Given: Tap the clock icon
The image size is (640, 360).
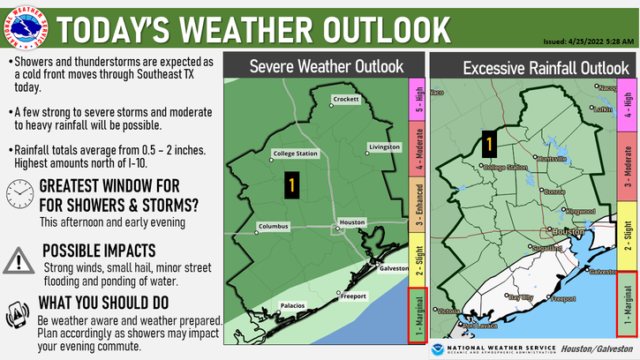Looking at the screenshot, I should pyautogui.click(x=18, y=194).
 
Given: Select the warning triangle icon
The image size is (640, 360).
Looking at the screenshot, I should pyautogui.click(x=18, y=260).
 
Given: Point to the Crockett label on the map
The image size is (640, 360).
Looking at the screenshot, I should pyautogui.click(x=345, y=100).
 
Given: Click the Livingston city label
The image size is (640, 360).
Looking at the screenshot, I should pyautogui.click(x=384, y=146).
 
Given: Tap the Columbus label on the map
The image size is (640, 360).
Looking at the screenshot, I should pyautogui.click(x=272, y=226).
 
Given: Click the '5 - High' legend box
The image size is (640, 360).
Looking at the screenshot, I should pyautogui.click(x=418, y=101).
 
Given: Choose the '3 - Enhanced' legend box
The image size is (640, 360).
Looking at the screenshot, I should pyautogui.click(x=418, y=200).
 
